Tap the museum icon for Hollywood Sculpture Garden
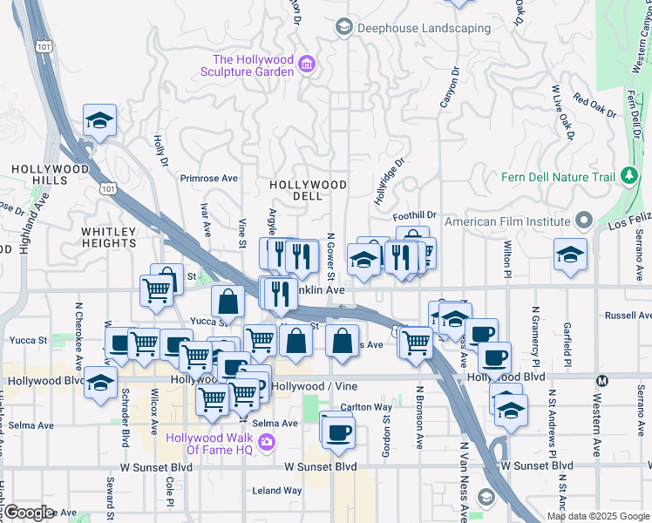[306, 64]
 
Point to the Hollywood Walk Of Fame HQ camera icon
[266, 442]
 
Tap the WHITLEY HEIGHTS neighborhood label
[109, 237]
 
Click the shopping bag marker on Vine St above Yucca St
[228, 301]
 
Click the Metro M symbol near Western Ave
[601, 380]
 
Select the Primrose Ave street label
[209, 178]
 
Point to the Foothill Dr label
[414, 215]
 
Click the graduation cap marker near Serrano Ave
[571, 255]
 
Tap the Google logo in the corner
[29, 513]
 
